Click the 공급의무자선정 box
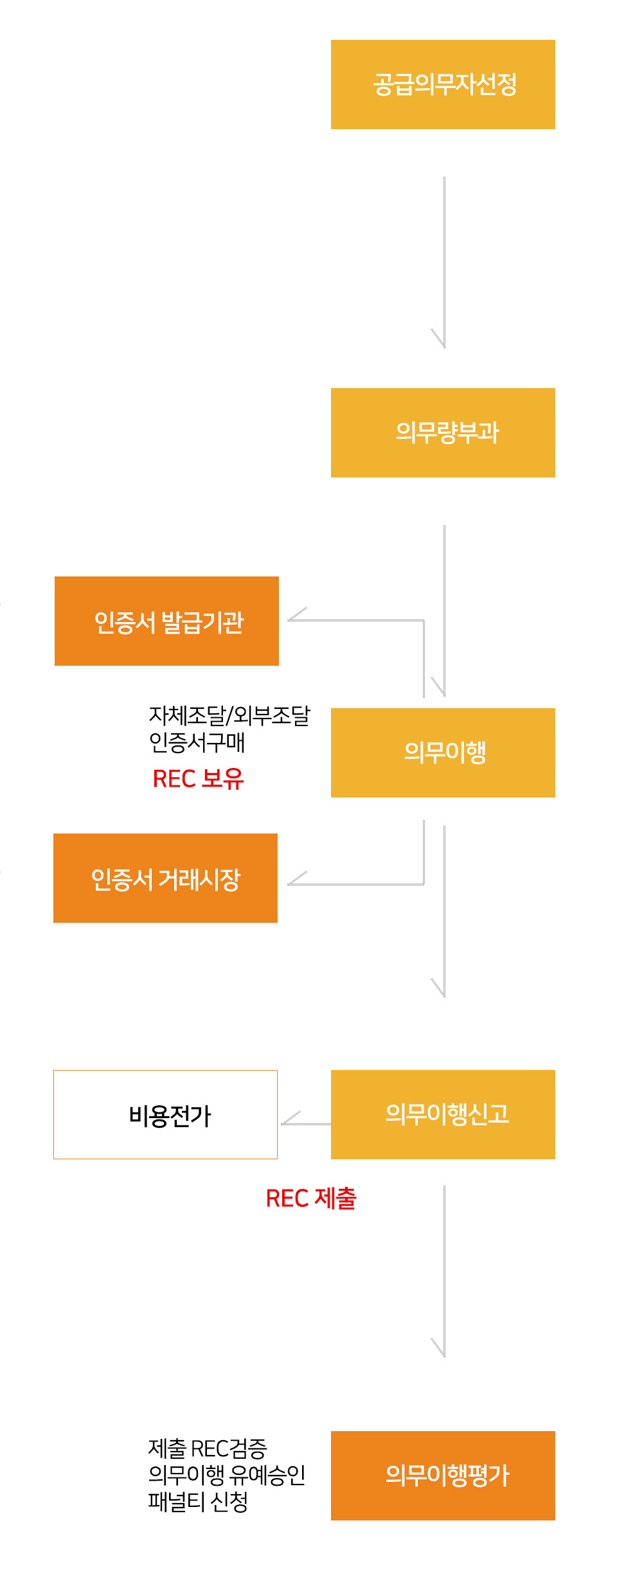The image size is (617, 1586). [x=443, y=84]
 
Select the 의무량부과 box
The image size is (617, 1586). [x=443, y=432]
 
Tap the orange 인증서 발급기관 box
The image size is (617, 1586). [x=166, y=621]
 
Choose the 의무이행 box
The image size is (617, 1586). [x=443, y=753]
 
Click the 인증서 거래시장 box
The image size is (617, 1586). [x=165, y=878]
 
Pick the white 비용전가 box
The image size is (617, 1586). [x=165, y=1114]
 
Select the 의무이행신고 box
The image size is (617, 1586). [x=443, y=1114]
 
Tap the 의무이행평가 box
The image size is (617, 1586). [x=443, y=1475]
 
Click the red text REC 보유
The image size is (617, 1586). [x=198, y=779]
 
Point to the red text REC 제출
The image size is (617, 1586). [x=311, y=1198]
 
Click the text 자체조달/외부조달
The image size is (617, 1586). [x=229, y=715]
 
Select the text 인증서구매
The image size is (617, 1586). [x=197, y=742]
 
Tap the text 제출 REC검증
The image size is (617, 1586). [x=207, y=1448]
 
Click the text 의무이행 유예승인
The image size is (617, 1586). [x=226, y=1475]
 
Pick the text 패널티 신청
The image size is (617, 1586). [x=197, y=1502]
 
